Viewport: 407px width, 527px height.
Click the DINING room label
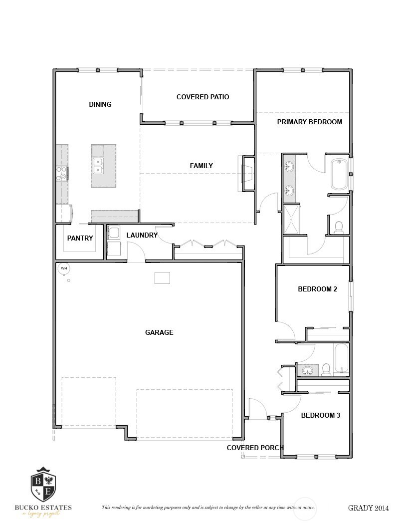point(100,104)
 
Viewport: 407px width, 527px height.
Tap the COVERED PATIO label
point(203,97)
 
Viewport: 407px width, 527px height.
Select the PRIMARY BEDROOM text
point(309,122)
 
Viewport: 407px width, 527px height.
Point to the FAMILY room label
point(202,166)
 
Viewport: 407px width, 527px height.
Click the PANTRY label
point(80,238)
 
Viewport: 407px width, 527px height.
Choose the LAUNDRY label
point(142,235)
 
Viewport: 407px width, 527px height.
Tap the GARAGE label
point(159,332)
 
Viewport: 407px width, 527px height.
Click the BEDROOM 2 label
point(318,289)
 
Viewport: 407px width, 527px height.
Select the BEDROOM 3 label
point(321,415)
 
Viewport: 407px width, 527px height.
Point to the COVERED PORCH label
point(255,448)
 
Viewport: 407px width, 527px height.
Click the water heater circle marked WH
point(63,268)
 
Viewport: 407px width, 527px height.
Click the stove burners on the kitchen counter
point(62,173)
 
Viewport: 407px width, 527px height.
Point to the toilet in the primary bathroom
point(339,227)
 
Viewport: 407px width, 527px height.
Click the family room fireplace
point(247,173)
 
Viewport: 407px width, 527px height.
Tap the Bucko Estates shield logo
point(43,486)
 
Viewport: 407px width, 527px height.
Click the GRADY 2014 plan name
point(368,508)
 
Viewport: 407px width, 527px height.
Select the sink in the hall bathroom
point(308,370)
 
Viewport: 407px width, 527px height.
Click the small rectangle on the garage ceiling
point(162,278)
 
